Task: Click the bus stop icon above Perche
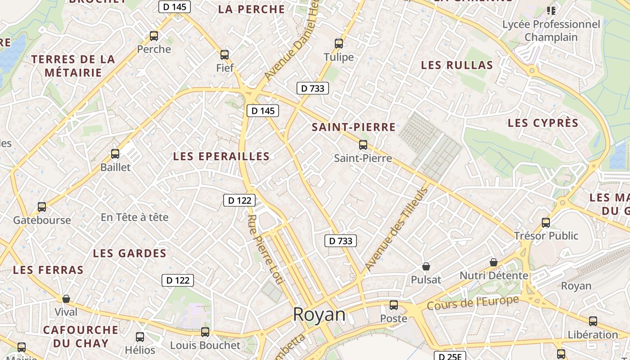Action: (x=154, y=36)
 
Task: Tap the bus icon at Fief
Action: (x=225, y=55)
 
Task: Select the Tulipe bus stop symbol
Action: (x=339, y=44)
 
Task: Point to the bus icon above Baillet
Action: (x=115, y=154)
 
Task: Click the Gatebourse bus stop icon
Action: (x=42, y=207)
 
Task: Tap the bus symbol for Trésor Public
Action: (x=546, y=222)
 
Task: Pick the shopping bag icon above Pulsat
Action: (x=426, y=266)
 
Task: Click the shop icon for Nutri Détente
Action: (x=494, y=262)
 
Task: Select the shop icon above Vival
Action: (x=66, y=299)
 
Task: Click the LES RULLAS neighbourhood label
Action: (x=457, y=65)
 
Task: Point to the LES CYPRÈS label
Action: (x=543, y=123)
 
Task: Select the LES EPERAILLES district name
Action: (x=221, y=157)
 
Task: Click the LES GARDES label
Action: (x=130, y=253)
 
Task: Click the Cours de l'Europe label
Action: (x=472, y=303)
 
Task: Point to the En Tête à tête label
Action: (x=135, y=217)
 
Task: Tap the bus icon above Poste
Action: (x=394, y=305)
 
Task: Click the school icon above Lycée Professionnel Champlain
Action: (x=551, y=10)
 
